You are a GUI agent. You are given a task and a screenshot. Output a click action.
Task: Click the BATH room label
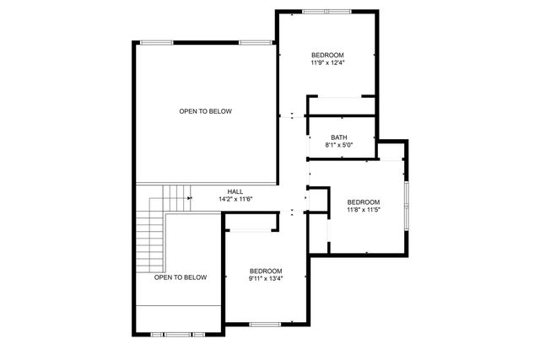(338, 137)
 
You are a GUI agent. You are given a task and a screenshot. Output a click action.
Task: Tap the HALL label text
(235, 191)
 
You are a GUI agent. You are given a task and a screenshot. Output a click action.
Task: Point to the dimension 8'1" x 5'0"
(338, 145)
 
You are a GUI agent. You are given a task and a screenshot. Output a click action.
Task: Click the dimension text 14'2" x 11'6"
(235, 199)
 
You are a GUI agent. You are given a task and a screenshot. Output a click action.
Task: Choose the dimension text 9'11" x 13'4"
(265, 278)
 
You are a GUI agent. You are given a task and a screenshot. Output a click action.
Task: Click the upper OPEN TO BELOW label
(205, 111)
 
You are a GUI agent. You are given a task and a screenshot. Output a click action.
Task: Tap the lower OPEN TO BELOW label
(181, 277)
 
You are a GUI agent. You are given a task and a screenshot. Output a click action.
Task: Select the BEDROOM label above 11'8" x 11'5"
(364, 201)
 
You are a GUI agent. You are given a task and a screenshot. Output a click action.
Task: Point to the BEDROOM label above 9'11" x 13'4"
(265, 271)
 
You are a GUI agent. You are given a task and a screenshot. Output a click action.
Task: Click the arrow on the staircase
(189, 199)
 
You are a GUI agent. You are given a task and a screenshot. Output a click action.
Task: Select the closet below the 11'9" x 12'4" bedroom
(341, 105)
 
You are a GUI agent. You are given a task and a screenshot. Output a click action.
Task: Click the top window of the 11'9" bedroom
(327, 12)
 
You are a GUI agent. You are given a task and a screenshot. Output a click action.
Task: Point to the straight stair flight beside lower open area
(150, 240)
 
